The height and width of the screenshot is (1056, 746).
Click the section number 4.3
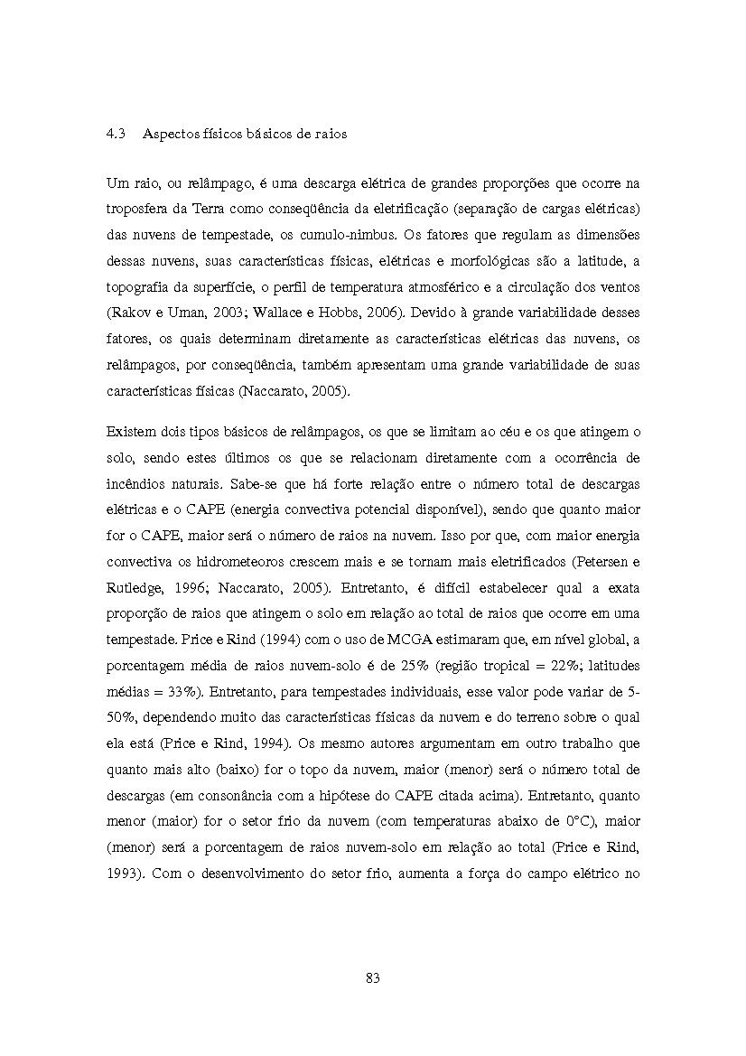tap(115, 134)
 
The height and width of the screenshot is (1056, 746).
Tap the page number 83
tap(373, 977)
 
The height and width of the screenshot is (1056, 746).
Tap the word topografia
tap(138, 288)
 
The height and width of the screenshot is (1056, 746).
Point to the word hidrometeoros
tap(216, 562)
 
